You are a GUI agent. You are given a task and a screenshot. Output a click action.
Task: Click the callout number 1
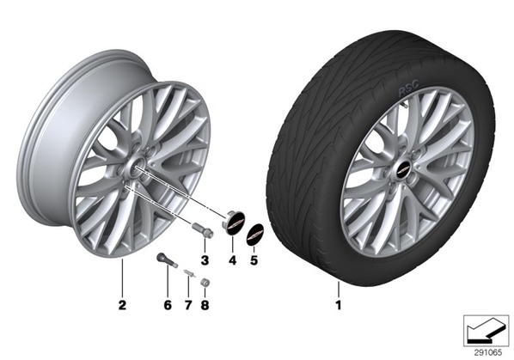click(x=339, y=305)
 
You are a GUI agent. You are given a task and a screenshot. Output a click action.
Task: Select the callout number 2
click(x=122, y=305)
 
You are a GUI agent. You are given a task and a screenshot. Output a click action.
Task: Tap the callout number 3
click(x=205, y=260)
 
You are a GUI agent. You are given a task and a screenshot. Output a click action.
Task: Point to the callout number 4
click(x=232, y=260)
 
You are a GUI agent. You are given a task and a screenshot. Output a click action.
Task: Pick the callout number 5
click(x=254, y=260)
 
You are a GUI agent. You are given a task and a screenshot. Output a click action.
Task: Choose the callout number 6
click(x=168, y=305)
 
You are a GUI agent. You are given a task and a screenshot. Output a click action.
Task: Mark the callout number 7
click(x=188, y=305)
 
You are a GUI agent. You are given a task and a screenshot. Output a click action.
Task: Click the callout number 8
click(x=205, y=305)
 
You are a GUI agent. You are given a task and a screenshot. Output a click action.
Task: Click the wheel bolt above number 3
click(x=202, y=229)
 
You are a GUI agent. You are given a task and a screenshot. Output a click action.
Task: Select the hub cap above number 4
click(x=235, y=223)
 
